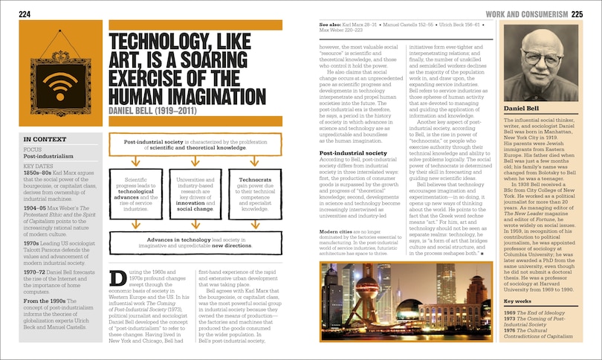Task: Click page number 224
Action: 25,14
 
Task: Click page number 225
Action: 577,14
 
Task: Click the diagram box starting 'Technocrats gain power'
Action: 254,195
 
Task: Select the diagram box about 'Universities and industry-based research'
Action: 195,195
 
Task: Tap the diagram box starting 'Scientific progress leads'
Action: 137,195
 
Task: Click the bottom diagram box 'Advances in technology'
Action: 195,244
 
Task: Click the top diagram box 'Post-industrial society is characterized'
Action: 195,144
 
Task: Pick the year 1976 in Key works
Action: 511,330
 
